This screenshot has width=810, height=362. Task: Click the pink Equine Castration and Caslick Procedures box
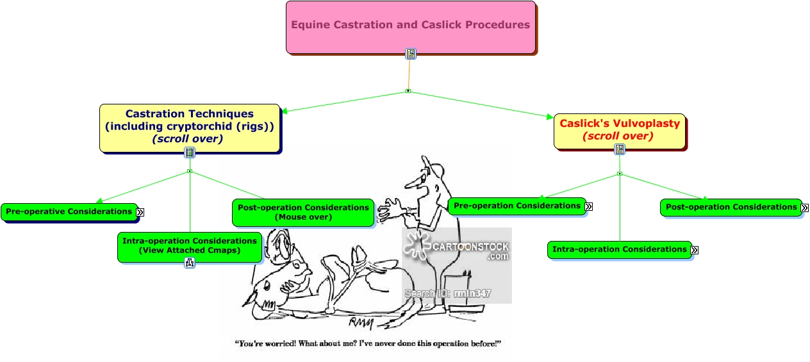[410, 26]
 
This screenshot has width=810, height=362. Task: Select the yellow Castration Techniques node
[190, 127]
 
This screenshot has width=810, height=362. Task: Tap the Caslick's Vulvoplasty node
[619, 130]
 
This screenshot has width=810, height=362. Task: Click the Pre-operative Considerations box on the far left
[68, 211]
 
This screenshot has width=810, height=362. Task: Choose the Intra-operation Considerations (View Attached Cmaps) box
[190, 245]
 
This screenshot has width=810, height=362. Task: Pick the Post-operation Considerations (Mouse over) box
[303, 212]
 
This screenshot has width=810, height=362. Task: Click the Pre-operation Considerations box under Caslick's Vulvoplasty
[517, 206]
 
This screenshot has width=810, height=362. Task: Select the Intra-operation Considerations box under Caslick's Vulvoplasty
[620, 249]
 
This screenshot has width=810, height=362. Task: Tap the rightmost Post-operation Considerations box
[731, 207]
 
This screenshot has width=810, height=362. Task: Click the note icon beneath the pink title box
[411, 54]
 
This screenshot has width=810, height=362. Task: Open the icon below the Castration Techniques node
[190, 152]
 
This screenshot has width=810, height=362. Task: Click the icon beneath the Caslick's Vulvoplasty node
[620, 149]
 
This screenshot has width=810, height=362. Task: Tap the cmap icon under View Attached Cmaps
[190, 263]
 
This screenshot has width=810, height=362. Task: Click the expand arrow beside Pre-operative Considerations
[140, 212]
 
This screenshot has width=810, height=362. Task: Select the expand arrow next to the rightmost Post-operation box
[805, 208]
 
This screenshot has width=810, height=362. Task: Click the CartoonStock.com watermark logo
[456, 249]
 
